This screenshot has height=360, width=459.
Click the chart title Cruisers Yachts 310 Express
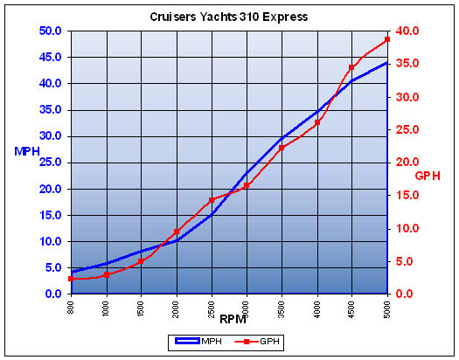[229, 17]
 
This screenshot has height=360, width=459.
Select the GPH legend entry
[258, 341]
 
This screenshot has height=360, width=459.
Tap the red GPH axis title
[428, 176]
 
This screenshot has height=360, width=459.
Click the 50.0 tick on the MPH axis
[48, 31]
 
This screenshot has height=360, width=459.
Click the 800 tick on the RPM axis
[72, 307]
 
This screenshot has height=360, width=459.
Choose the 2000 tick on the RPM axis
[177, 308]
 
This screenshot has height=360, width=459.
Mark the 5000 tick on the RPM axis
[386, 308]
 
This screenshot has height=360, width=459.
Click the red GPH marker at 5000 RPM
[386, 39]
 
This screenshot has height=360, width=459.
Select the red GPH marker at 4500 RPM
[351, 67]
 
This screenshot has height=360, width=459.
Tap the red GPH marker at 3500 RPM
[282, 147]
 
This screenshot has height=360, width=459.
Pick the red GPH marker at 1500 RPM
[142, 260]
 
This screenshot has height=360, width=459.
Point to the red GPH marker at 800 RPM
[72, 279]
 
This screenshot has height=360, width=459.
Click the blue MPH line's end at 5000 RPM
[386, 63]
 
